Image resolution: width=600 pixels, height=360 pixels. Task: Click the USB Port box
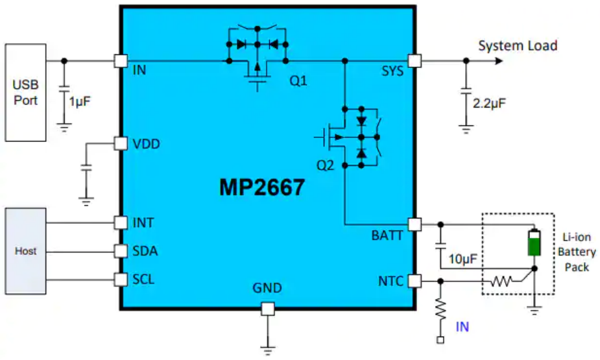tap(26, 92)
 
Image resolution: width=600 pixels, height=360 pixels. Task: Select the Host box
tap(26, 250)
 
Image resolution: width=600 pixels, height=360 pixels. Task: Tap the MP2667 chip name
tap(261, 187)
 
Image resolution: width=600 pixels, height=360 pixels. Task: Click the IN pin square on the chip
tap(121, 61)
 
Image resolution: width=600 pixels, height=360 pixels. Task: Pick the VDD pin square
tap(121, 143)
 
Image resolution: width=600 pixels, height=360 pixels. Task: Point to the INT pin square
tap(121, 222)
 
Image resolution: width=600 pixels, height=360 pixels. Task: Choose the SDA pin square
tap(121, 251)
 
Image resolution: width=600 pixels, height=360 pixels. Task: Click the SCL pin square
tap(121, 280)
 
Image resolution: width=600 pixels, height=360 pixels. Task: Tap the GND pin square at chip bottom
tap(267, 309)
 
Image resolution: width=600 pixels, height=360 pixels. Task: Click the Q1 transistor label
tap(298, 81)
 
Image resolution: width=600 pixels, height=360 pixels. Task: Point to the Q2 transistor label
tap(328, 166)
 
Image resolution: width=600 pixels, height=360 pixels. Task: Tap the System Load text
tap(518, 45)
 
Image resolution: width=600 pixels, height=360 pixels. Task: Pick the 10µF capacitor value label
tap(462, 259)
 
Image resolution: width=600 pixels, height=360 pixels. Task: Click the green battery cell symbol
tap(533, 242)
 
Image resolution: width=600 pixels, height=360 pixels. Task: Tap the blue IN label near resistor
tap(462, 326)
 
